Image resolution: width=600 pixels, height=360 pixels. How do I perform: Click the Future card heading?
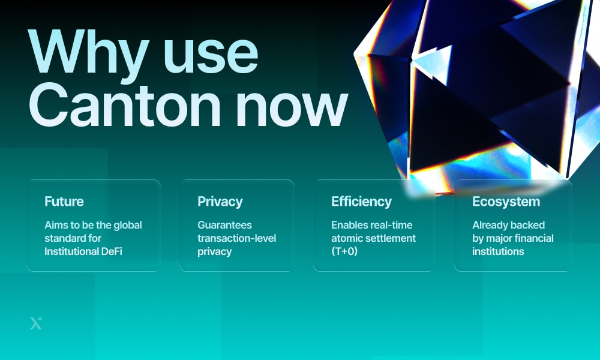pyautogui.click(x=64, y=202)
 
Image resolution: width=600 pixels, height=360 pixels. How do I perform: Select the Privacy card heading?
pyautogui.click(x=220, y=202)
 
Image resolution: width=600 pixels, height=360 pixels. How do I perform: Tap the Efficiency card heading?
pyautogui.click(x=361, y=202)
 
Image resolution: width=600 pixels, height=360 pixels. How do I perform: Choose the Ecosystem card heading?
pyautogui.click(x=506, y=202)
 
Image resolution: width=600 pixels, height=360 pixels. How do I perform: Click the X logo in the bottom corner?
pyautogui.click(x=36, y=323)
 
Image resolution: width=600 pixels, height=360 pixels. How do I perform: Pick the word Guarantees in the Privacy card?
pyautogui.click(x=225, y=225)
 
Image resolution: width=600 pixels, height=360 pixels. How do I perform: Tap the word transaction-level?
pyautogui.click(x=237, y=238)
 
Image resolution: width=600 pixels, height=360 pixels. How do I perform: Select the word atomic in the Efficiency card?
pyautogui.click(x=347, y=238)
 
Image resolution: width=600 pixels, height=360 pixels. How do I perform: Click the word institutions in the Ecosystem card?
pyautogui.click(x=498, y=251)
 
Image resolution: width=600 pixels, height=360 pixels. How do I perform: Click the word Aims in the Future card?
pyautogui.click(x=56, y=225)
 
